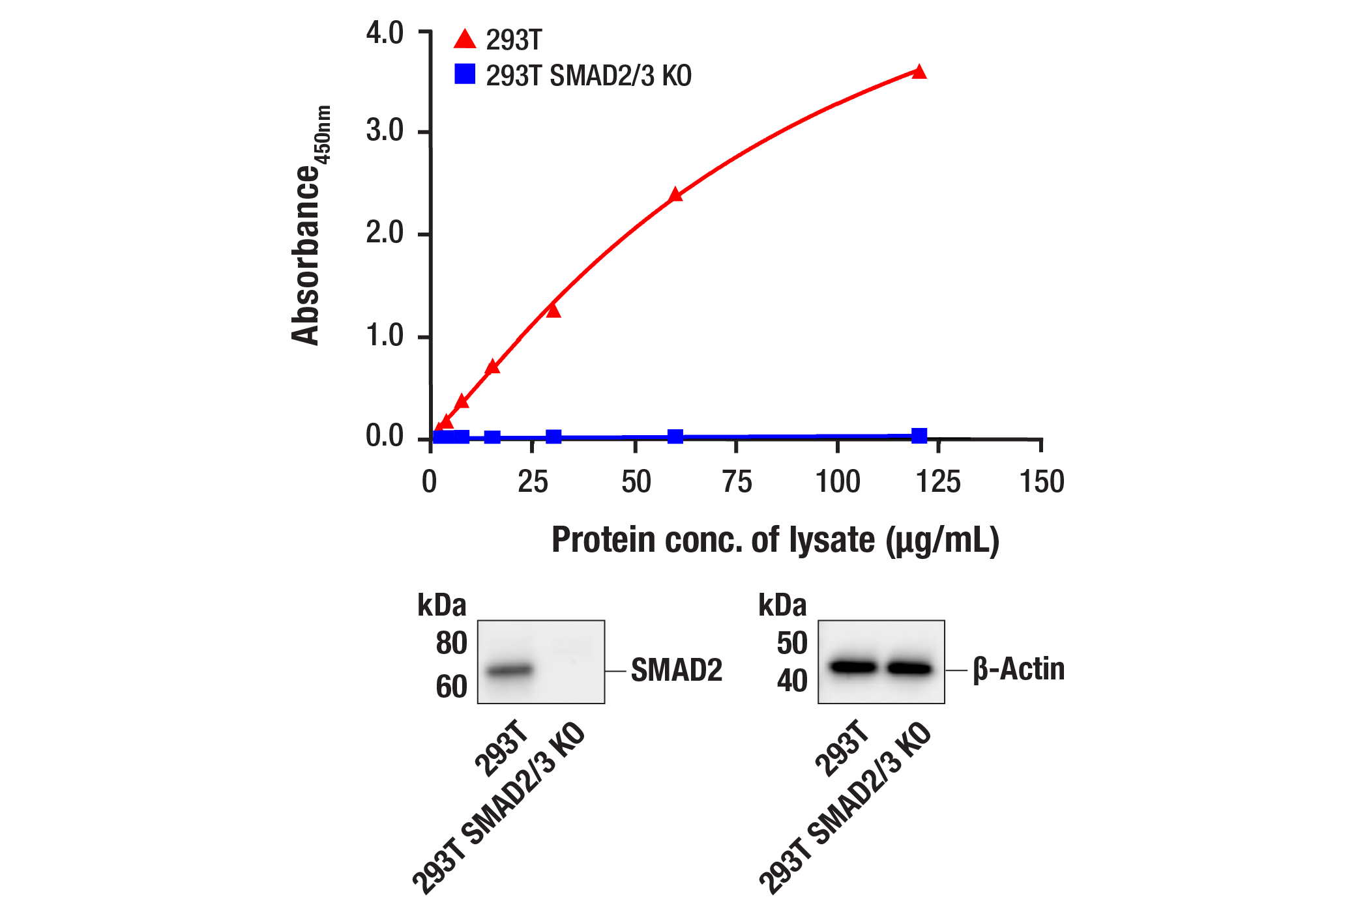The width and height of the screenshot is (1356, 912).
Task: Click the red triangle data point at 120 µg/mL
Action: (919, 72)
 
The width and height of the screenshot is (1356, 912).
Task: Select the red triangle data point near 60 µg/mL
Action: (675, 195)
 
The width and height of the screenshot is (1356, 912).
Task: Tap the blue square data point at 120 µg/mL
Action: (919, 436)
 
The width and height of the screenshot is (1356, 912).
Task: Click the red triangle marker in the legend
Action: (465, 40)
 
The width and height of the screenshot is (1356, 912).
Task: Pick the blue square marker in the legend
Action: (465, 74)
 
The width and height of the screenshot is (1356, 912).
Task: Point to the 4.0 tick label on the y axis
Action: (385, 33)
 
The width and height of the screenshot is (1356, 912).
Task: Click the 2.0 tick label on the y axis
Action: (385, 233)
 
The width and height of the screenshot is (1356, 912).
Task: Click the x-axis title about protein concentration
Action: (775, 541)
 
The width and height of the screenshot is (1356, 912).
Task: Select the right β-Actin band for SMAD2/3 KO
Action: (910, 668)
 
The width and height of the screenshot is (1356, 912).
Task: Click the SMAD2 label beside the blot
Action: (677, 670)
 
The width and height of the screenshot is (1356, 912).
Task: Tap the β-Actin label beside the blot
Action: (1018, 670)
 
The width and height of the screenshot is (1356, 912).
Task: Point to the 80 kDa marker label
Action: (451, 644)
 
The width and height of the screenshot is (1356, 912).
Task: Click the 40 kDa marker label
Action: (791, 681)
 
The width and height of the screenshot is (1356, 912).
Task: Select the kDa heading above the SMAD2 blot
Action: (442, 606)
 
